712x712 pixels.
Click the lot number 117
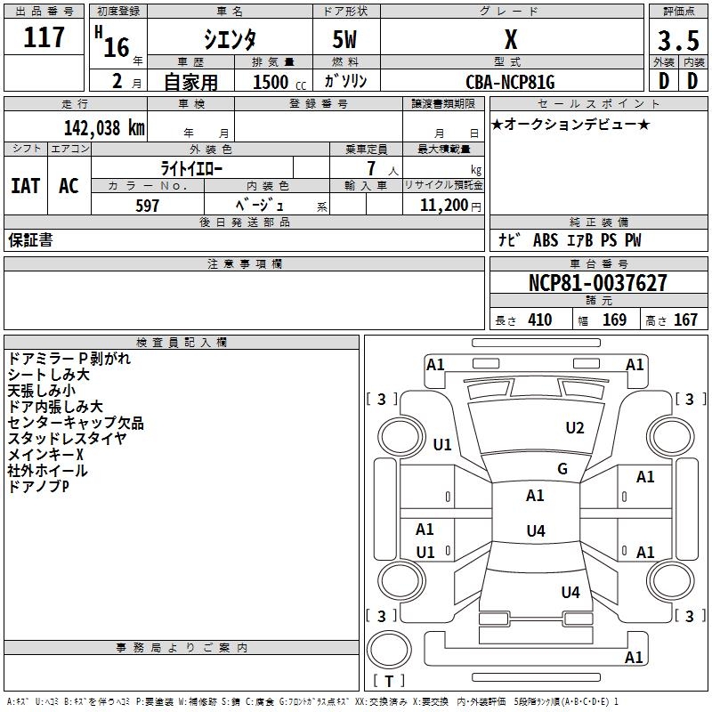point(44,37)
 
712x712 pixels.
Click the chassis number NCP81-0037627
point(597,284)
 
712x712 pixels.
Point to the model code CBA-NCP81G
point(510,82)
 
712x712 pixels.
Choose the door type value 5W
point(345,40)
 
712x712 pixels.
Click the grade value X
point(510,40)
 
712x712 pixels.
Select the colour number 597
point(147,206)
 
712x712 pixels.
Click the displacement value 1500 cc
point(277,82)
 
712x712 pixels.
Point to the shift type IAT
point(25,186)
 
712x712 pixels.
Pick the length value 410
point(539,320)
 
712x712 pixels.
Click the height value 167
point(685,320)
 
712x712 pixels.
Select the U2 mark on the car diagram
point(575,428)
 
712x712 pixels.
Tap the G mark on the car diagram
point(562,469)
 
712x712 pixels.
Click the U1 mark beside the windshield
point(442,445)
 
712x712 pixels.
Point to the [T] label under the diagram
point(388,681)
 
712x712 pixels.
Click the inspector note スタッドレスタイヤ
point(67,439)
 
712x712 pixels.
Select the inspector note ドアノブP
point(39,487)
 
